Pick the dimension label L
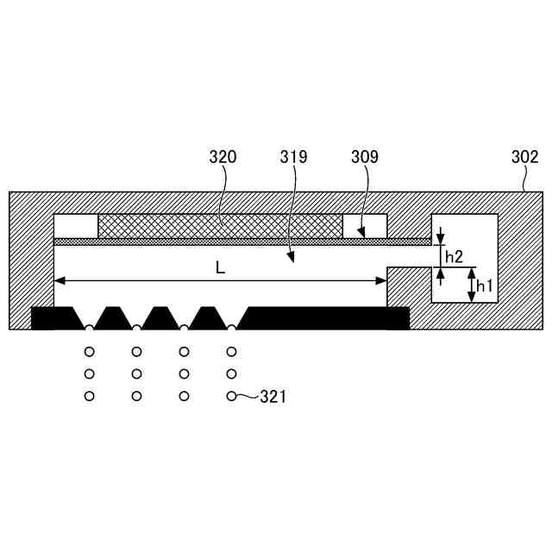220,268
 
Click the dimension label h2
454,256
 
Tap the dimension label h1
484,285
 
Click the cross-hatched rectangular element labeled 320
220,226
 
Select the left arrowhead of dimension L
59,279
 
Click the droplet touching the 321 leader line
231,396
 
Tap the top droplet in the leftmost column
88,352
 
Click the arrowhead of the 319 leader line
291,259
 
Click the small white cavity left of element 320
76,226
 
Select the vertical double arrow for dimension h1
471,285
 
